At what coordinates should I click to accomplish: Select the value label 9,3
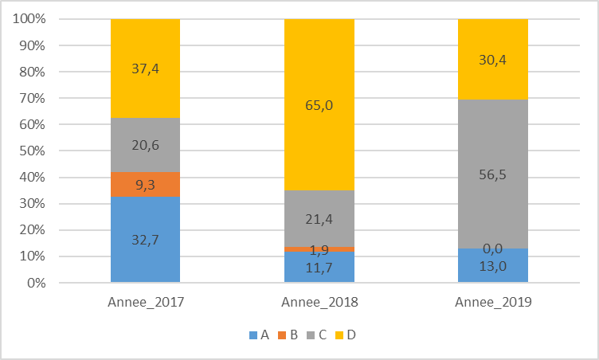145,184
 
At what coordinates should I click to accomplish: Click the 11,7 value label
319,268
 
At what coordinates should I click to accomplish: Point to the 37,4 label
145,68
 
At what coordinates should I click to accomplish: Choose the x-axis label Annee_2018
319,303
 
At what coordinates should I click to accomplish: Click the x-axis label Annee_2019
492,303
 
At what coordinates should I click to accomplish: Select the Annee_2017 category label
145,303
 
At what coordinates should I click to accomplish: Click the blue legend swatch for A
253,335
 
